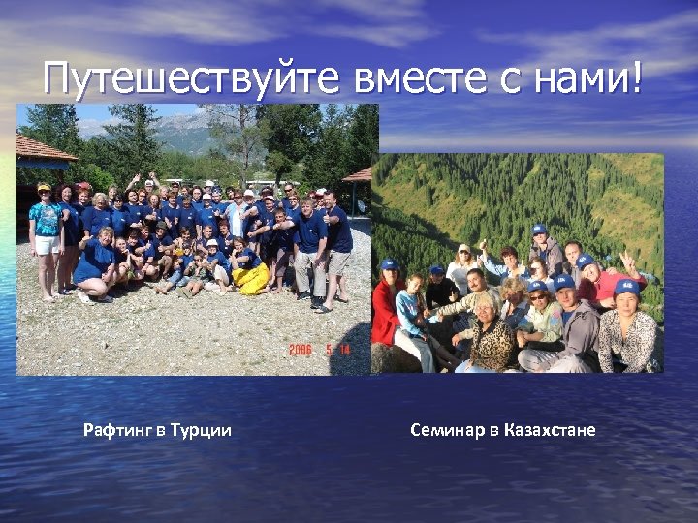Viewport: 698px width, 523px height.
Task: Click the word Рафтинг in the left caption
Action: (117, 430)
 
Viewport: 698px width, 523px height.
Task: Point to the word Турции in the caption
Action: (201, 430)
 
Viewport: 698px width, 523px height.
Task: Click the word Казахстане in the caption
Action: (550, 430)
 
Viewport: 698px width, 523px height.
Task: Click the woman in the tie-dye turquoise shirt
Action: (45, 229)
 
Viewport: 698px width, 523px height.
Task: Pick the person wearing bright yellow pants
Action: (251, 277)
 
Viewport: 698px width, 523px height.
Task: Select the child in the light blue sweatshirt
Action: (410, 310)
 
